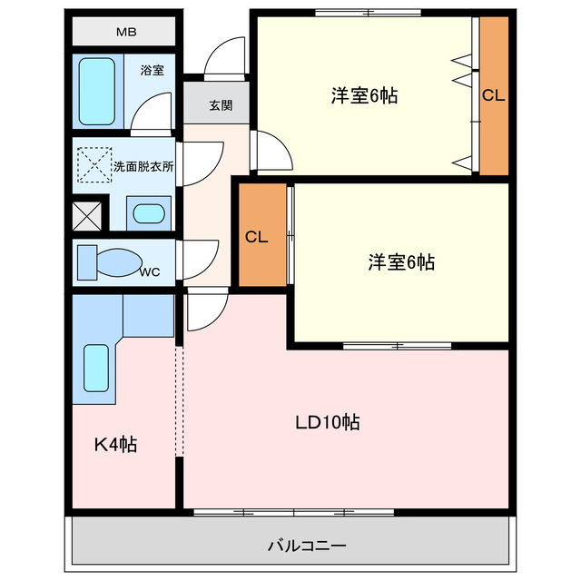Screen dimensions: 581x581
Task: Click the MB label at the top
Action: coord(125,34)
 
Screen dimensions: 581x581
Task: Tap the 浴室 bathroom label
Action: coord(152,70)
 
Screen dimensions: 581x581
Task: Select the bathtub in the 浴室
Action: coord(94,91)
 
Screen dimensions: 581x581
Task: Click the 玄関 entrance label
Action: coord(221,105)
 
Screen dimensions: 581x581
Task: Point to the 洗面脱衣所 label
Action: coord(143,167)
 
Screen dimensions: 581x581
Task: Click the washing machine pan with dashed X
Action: coord(93,164)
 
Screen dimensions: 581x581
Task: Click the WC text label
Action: coord(150,271)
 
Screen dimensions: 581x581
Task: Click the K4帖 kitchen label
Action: coord(116,445)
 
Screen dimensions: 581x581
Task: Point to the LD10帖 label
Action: coord(327,422)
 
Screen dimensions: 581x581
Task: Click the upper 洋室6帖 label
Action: coord(364,94)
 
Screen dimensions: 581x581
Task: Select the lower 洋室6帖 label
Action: coord(400,262)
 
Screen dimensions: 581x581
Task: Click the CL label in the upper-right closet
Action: coord(493,94)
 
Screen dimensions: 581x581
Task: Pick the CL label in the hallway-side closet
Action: coord(257,237)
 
